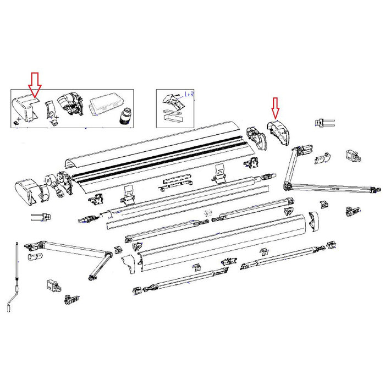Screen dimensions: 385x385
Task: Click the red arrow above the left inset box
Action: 35,84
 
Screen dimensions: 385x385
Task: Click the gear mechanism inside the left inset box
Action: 71,105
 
